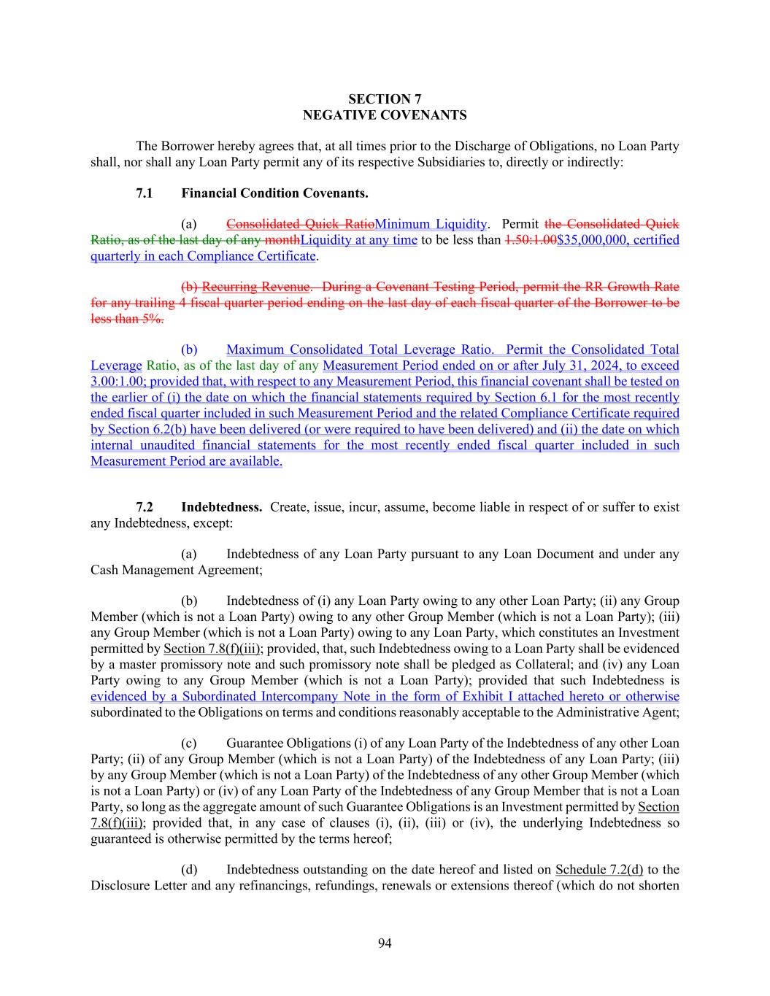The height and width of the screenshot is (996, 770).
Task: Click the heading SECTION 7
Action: [x=385, y=99]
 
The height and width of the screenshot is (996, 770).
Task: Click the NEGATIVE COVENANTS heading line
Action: [x=385, y=115]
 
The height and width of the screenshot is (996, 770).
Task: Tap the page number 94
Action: [x=385, y=943]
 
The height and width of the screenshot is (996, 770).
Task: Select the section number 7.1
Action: [x=145, y=193]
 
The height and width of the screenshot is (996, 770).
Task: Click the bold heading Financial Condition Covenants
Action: [x=274, y=193]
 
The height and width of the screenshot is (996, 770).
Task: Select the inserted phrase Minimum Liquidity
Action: [x=430, y=224]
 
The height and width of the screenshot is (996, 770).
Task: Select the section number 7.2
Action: [x=145, y=507]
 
